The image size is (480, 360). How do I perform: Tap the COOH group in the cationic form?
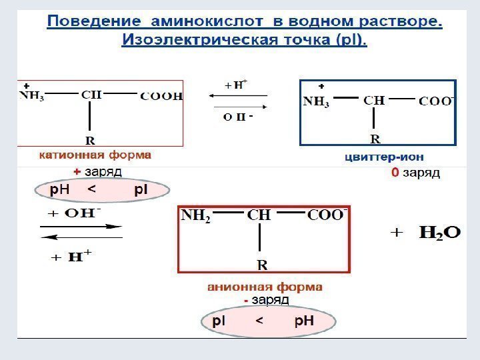161,96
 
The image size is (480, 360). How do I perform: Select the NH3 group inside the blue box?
317,103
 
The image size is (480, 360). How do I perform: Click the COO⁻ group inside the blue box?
437,101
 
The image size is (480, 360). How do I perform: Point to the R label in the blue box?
375,139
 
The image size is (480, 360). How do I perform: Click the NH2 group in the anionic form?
196,217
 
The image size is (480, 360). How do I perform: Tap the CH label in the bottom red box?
259,216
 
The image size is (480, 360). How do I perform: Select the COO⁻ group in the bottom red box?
327,215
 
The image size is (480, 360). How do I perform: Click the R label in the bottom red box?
263,265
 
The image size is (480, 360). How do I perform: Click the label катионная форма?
95,155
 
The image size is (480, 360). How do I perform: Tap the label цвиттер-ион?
384,157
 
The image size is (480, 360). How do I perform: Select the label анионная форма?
265,287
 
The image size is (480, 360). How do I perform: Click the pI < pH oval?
263,322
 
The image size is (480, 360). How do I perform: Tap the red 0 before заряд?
395,173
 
